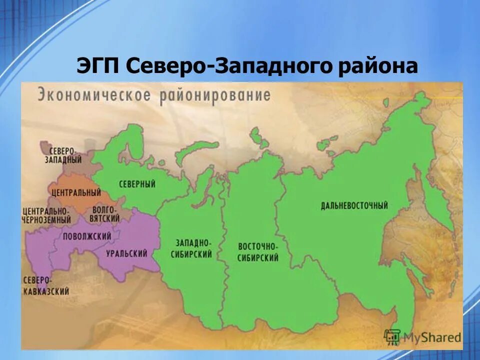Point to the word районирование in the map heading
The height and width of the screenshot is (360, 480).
(215, 95)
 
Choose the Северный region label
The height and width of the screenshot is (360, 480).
(137, 184)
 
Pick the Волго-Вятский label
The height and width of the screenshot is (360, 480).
(105, 214)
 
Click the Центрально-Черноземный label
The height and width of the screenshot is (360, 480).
(46, 215)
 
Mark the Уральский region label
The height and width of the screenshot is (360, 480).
(126, 253)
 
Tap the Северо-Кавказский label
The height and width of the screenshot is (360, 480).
(46, 285)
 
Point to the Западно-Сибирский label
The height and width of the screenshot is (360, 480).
(193, 248)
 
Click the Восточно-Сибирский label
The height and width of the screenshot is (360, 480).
(258, 252)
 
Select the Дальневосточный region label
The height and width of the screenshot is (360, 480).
(355, 205)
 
